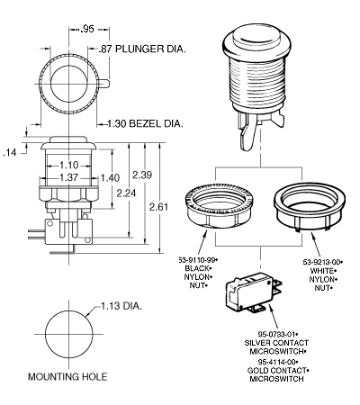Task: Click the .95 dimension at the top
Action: pos(87,29)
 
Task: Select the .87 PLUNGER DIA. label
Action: pos(142,49)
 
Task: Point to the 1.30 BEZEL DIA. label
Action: pos(145,123)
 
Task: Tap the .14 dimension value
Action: pos(10,153)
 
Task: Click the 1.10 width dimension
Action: pos(68,165)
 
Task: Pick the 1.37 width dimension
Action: pos(68,177)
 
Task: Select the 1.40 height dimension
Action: pos(110,178)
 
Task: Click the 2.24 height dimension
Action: pos(126,193)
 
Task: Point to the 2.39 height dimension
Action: pos(142,175)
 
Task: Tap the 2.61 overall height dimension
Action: pos(158,207)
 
